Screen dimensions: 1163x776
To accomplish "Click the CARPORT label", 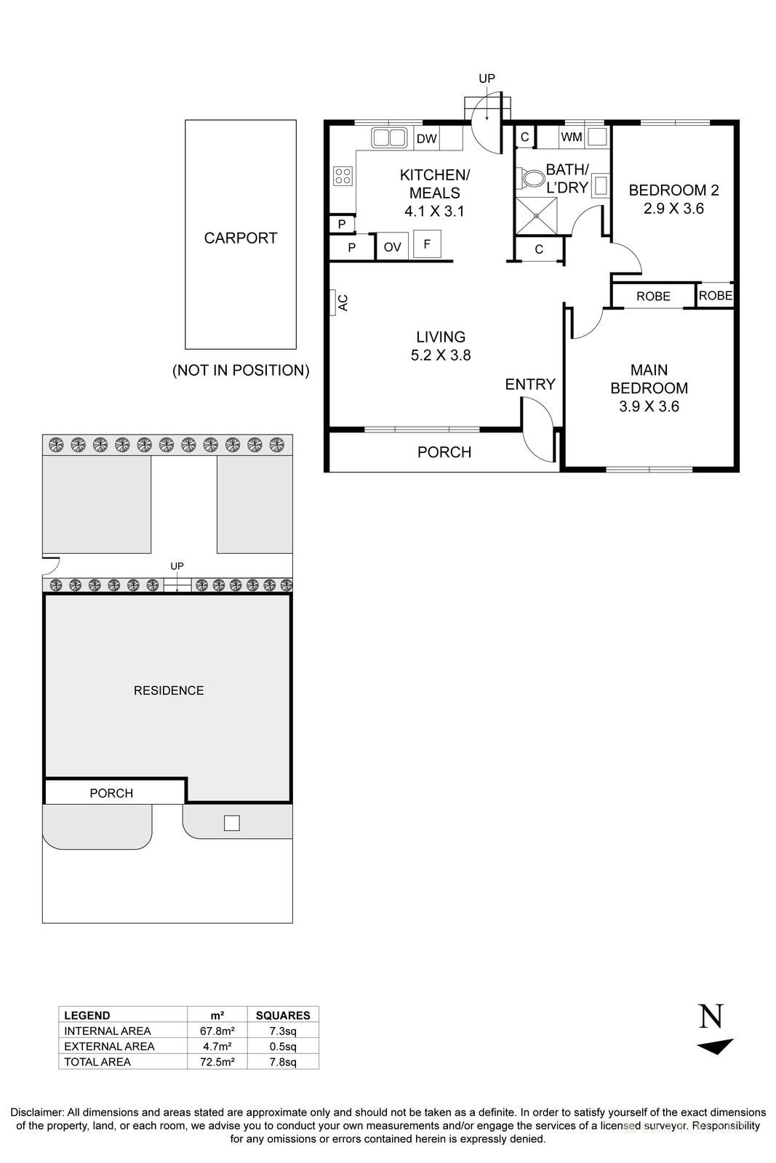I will [x=240, y=238].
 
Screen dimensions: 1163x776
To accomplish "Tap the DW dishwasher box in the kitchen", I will [x=427, y=138].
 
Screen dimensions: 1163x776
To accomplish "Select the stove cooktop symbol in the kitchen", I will [x=343, y=175].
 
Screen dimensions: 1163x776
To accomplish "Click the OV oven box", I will [x=392, y=247].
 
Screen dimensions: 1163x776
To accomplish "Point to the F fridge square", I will [x=427, y=244].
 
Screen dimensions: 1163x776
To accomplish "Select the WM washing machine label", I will [x=571, y=136].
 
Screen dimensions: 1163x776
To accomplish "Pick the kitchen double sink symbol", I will [x=389, y=137].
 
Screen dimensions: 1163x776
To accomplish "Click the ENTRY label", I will [x=530, y=385].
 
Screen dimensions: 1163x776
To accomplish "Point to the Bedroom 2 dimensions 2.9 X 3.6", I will [x=673, y=209].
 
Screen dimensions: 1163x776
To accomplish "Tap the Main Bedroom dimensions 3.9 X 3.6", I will [x=649, y=406].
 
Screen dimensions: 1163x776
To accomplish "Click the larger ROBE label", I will [x=653, y=296].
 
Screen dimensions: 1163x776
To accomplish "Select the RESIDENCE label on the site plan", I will [x=169, y=691].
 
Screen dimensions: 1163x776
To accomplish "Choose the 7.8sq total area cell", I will [x=283, y=1062].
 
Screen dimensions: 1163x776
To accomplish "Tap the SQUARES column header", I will [x=283, y=1015].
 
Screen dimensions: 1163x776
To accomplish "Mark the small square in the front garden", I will [x=231, y=823].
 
